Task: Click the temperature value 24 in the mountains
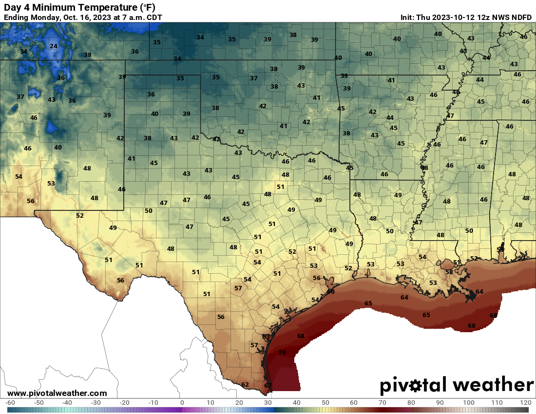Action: (54, 46)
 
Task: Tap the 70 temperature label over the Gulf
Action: (282, 353)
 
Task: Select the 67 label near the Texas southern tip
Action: (268, 386)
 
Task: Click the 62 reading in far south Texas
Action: (245, 385)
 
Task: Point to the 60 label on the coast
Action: (331, 291)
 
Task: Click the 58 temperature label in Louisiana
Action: (449, 271)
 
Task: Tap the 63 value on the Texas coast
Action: (266, 337)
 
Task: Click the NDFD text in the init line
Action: (521, 17)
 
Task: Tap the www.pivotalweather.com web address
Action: (57, 393)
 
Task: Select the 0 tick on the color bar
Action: (182, 403)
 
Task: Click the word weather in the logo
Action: (493, 385)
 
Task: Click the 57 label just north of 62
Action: (254, 345)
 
